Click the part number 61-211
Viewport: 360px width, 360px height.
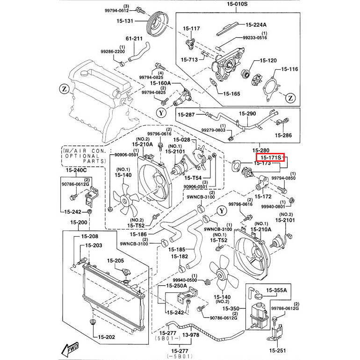134,39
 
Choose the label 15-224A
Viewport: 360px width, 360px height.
257,25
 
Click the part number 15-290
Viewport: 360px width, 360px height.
248,114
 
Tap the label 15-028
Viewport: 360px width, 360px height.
182,140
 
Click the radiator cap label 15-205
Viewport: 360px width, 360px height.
115,261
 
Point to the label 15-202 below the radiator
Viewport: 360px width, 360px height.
106,337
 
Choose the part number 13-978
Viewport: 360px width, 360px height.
190,335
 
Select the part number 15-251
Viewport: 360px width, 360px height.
280,351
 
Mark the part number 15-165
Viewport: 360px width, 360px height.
231,94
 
